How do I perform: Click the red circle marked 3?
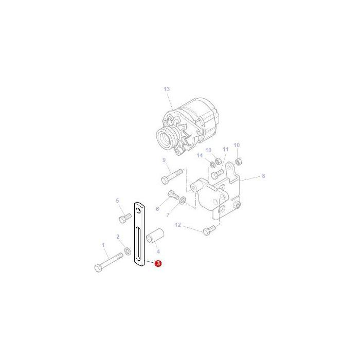pos(158,263)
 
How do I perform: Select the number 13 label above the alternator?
pos(167,89)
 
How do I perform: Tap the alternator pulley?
pos(164,138)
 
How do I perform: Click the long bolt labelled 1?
pos(109,262)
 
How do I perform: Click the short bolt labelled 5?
pos(125,218)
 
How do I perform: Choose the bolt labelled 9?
pos(172,176)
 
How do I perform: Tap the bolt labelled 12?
pos(209,230)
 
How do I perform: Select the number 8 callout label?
pos(263,176)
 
